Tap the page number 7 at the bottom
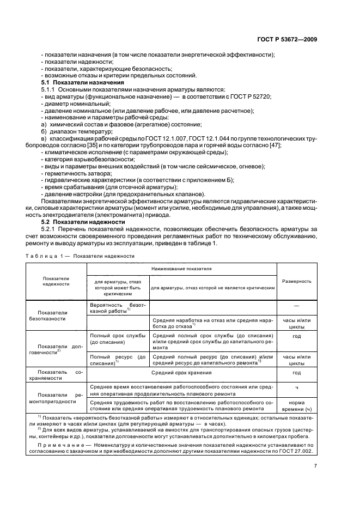tap(316, 465)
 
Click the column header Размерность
tap(296, 281)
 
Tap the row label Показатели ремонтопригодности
tap(52, 397)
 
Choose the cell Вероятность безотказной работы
tap(117, 308)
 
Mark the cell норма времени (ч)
tap(296, 405)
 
